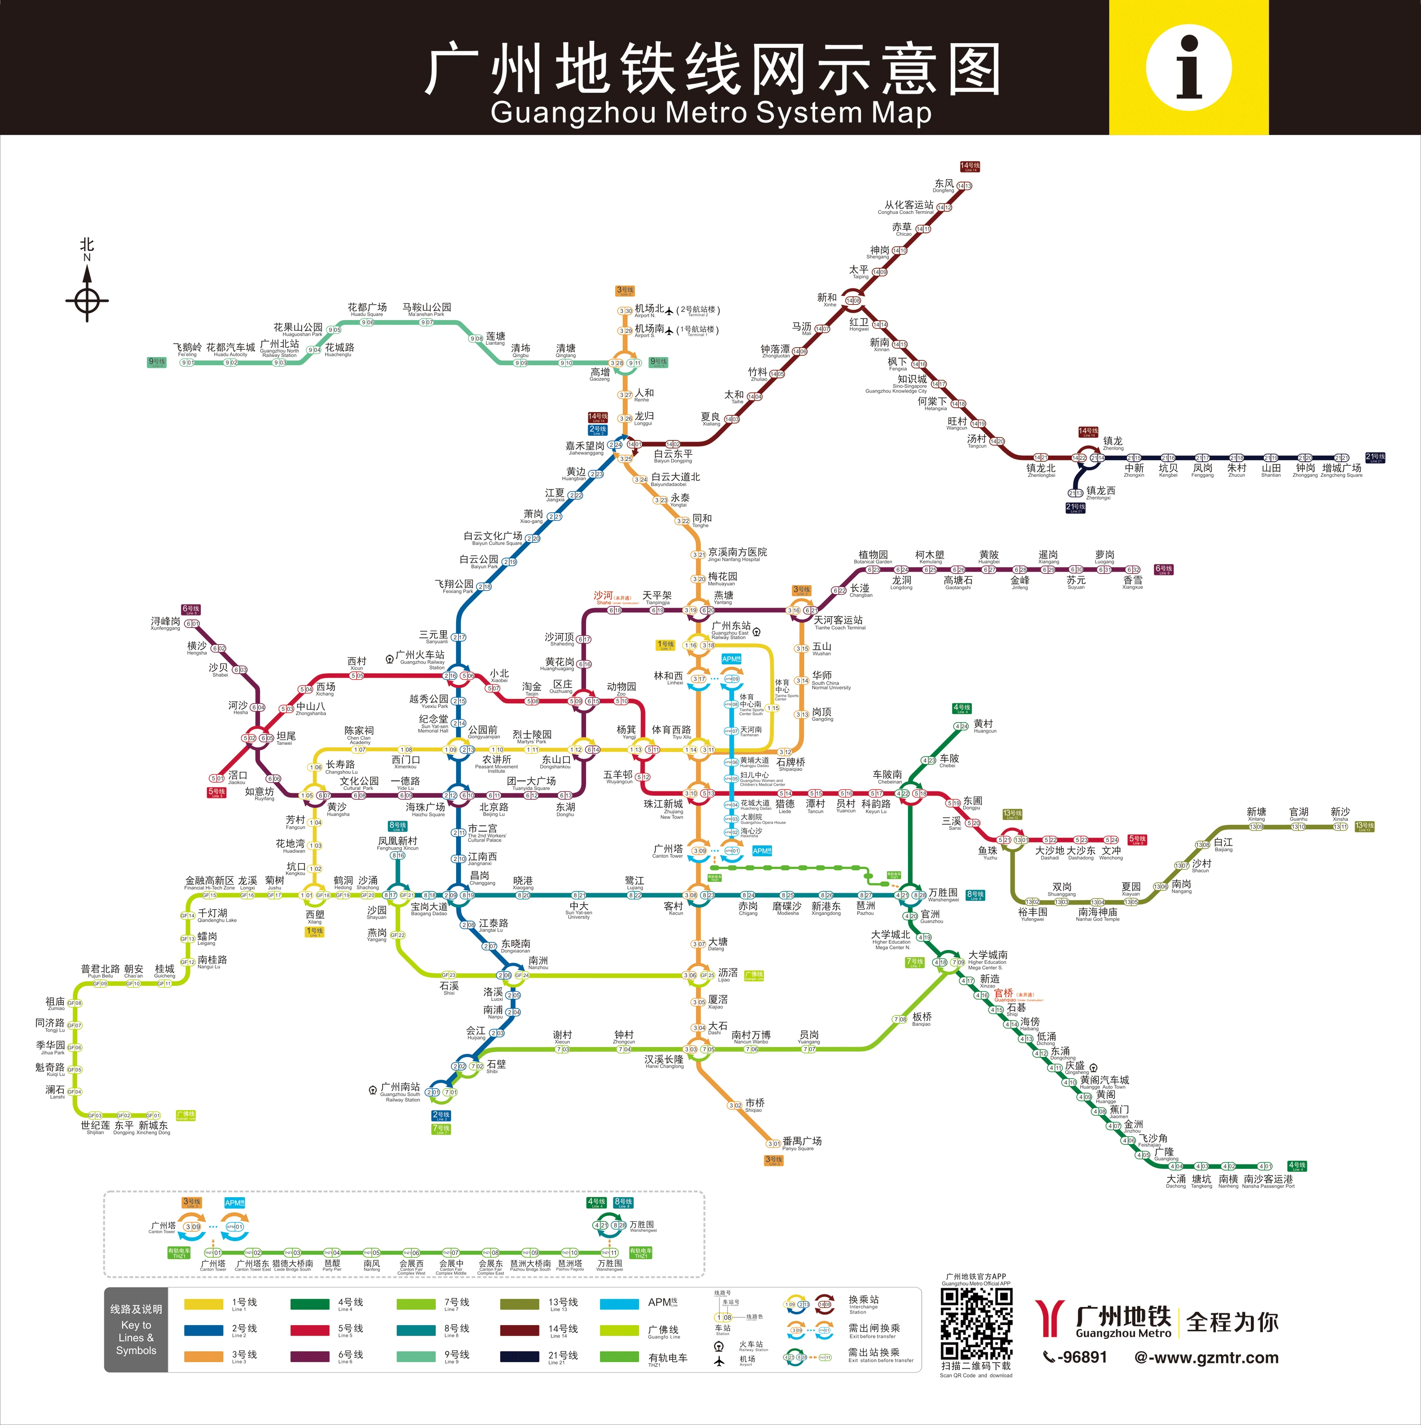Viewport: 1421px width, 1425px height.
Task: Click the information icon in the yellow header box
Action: [1188, 68]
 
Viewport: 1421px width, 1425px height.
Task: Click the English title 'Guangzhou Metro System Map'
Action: [710, 113]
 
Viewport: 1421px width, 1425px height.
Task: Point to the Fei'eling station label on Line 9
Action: [188, 349]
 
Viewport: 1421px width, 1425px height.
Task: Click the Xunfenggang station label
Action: [165, 623]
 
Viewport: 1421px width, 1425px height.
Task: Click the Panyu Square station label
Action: [801, 1142]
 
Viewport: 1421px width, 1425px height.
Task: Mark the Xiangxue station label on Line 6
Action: [1133, 582]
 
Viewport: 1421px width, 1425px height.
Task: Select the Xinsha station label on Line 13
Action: [1340, 814]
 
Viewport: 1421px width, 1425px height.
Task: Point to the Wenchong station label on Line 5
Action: [1111, 852]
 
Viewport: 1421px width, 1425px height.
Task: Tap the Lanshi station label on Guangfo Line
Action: [56, 1092]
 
